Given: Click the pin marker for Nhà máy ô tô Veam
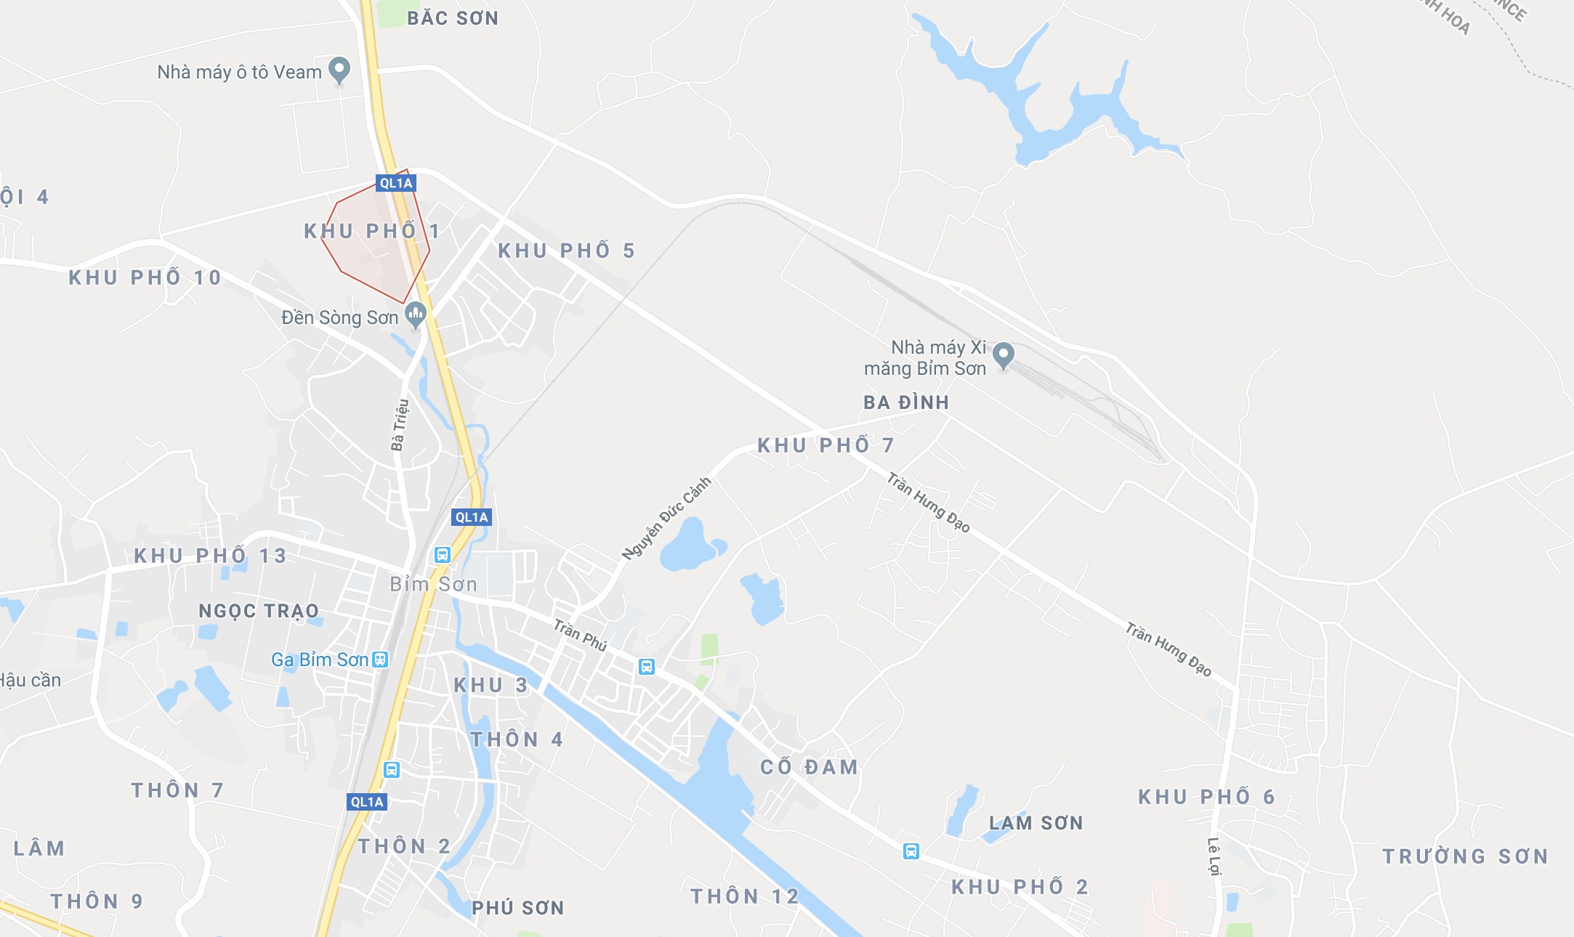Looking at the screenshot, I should (339, 70).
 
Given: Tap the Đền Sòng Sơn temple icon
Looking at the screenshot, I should (416, 315).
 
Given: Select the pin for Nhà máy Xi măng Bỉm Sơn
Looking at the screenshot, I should (1004, 355).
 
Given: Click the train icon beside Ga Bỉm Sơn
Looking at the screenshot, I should (380, 660).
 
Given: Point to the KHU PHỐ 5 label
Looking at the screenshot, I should (566, 251).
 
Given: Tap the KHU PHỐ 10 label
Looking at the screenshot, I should (145, 277).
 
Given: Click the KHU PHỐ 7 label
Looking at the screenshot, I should (826, 445).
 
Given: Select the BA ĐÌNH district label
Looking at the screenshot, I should (906, 402).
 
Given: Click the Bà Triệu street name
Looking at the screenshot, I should (400, 425).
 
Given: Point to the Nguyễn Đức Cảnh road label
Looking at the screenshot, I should (666, 518).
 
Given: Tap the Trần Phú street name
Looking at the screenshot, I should (580, 635).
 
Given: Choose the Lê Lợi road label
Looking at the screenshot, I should (1214, 856).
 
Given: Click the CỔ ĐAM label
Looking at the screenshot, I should (809, 767).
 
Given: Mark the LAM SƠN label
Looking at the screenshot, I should (1036, 823).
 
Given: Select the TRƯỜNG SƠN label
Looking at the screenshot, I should (1465, 856).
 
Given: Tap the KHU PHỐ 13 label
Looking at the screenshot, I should (210, 556).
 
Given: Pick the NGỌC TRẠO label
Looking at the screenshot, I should (259, 611).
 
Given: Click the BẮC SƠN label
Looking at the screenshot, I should (453, 18).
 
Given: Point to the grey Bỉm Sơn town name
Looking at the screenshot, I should (433, 584).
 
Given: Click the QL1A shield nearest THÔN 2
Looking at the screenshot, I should (367, 802).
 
